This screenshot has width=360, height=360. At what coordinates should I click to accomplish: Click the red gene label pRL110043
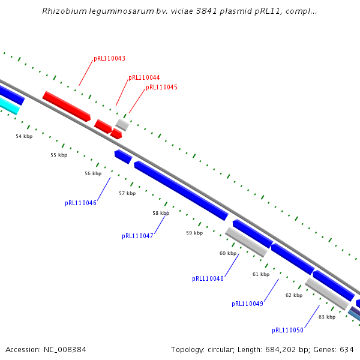[109, 59]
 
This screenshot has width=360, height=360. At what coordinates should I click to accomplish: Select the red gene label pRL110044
[144, 78]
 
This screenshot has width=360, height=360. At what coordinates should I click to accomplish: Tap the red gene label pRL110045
[161, 88]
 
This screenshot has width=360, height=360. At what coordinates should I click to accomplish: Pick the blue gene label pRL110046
[80, 203]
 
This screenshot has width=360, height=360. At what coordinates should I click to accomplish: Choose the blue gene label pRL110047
[137, 236]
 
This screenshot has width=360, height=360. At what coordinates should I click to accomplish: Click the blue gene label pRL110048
[208, 279]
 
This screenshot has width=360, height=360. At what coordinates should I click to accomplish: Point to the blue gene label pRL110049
[247, 304]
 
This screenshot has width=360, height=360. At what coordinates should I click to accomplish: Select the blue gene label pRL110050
[287, 331]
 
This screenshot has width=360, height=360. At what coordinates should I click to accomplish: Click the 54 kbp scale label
[24, 137]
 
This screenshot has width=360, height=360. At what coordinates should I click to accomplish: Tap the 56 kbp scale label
[93, 174]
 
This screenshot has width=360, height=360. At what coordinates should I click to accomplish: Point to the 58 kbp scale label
[161, 214]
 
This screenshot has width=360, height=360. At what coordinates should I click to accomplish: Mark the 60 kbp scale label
[228, 254]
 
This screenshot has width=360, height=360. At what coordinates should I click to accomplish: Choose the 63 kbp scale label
[327, 317]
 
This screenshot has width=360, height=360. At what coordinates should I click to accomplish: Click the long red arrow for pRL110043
[66, 105]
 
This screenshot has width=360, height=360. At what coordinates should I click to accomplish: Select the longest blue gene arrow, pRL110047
[181, 190]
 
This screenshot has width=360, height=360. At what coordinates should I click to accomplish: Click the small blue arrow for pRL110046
[123, 157]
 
